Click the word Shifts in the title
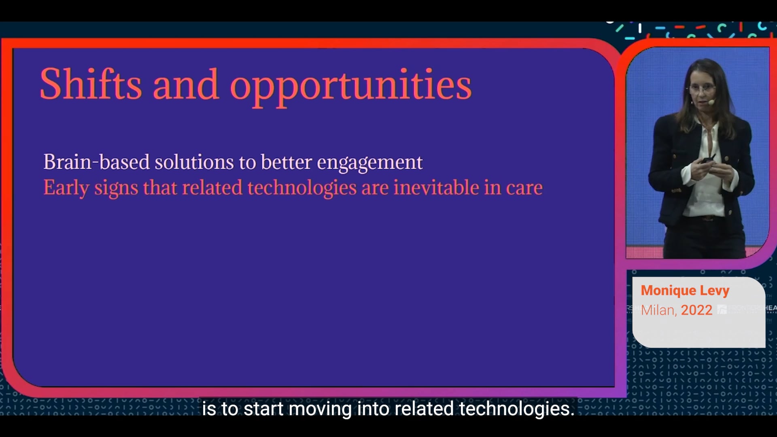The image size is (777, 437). coord(91,84)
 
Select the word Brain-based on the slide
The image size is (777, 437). coord(97,162)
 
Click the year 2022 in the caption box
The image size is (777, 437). coord(696,310)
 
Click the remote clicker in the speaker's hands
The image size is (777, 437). coord(709,159)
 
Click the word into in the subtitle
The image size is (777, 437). coord(373,409)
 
